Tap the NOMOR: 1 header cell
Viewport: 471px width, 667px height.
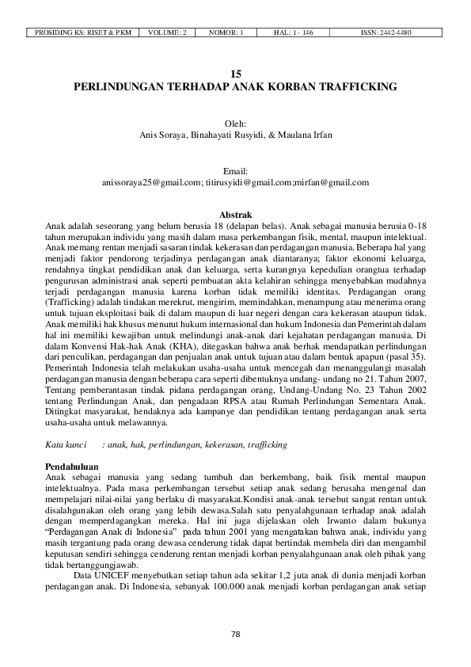[226, 32]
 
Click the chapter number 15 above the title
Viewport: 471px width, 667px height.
[236, 73]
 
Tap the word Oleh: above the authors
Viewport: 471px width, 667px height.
[236, 124]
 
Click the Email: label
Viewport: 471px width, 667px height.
[236, 171]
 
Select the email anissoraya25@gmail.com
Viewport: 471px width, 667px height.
[152, 182]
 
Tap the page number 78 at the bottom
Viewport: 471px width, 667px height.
[235, 634]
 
